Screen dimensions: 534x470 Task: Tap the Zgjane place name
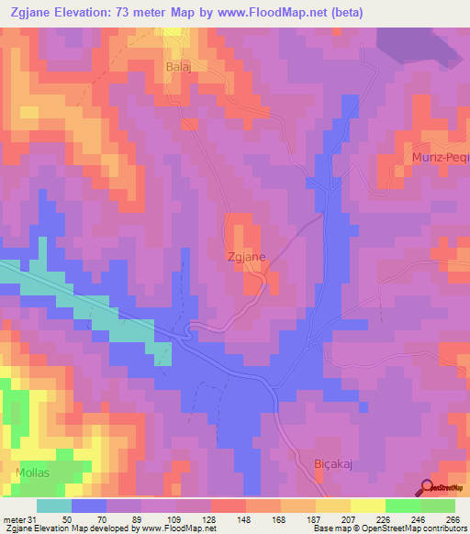[x=246, y=258]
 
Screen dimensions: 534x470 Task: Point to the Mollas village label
[x=33, y=473]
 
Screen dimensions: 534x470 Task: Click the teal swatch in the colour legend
[x=54, y=506]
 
